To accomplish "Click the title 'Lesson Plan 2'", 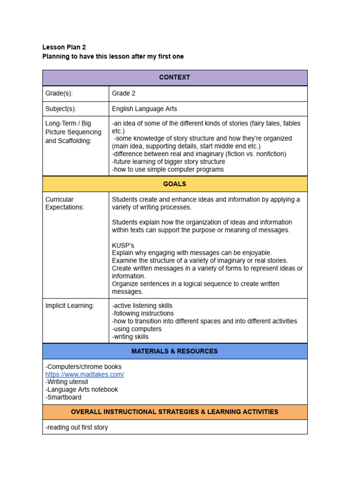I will pyautogui.click(x=64, y=47).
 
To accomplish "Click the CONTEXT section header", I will pyautogui.click(x=174, y=77).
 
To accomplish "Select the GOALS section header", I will pyautogui.click(x=174, y=184).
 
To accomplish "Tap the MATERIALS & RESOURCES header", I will pyautogui.click(x=174, y=351).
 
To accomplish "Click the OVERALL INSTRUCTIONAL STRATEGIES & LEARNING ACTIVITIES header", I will pyautogui.click(x=174, y=412).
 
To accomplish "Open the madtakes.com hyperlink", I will pyautogui.click(x=84, y=375).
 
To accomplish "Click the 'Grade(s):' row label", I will pyautogui.click(x=59, y=93).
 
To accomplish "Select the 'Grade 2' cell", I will pyautogui.click(x=124, y=93).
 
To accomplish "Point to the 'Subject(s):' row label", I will pyautogui.click(x=60, y=109).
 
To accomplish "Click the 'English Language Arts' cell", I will pyautogui.click(x=144, y=109).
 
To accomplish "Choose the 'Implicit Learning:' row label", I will pyautogui.click(x=69, y=306).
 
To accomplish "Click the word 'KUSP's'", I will pyautogui.click(x=123, y=245).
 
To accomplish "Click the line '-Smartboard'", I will pyautogui.click(x=63, y=397).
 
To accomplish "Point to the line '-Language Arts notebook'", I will pyautogui.click(x=82, y=390).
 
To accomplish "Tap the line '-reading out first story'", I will pyautogui.click(x=76, y=427).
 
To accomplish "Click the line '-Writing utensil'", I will pyautogui.click(x=67, y=382).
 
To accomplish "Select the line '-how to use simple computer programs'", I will pyautogui.click(x=168, y=169).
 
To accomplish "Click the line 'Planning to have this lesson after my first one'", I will pyautogui.click(x=113, y=57).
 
